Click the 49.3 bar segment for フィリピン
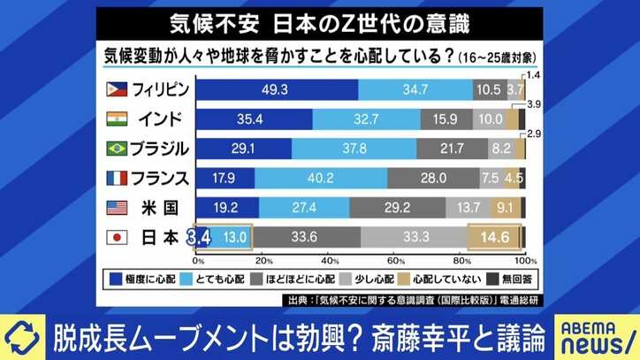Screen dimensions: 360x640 [277, 89]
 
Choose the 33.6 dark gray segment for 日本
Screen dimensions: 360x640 [306, 237]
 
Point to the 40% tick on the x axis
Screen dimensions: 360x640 [330, 263]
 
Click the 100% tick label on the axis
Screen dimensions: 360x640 [525, 263]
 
